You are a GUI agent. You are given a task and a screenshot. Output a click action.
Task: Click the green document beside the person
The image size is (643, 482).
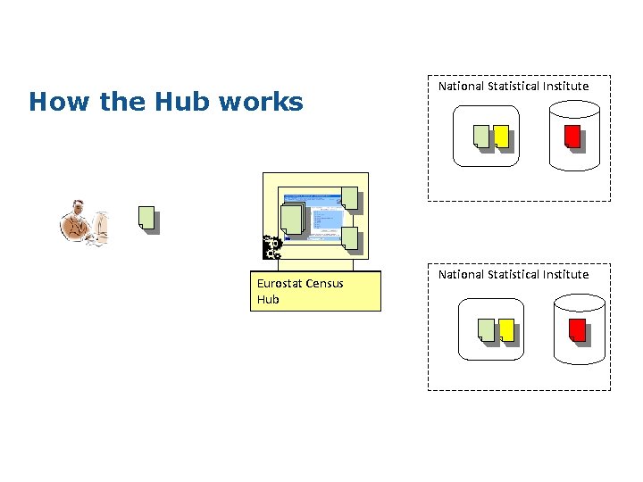(146, 217)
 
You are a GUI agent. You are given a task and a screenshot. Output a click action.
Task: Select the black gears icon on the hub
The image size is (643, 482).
(272, 247)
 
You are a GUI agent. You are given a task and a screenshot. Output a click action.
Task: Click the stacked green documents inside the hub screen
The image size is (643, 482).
(292, 219)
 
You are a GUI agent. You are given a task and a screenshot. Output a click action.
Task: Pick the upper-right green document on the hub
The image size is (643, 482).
(349, 198)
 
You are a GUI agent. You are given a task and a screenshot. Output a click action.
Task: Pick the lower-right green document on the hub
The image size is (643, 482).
(349, 237)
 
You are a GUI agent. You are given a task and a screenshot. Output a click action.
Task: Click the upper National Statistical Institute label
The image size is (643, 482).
(514, 87)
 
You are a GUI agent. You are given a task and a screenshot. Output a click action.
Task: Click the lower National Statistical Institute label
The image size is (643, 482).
(514, 274)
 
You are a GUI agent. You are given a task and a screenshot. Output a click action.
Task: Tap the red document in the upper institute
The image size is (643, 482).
(572, 136)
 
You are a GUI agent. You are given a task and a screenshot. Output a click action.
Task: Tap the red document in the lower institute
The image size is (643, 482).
(577, 329)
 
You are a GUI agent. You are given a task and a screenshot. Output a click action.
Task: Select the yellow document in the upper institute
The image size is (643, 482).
(501, 136)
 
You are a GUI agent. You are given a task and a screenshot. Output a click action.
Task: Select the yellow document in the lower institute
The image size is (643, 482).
(506, 329)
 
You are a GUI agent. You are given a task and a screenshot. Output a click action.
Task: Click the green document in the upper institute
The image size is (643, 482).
(481, 136)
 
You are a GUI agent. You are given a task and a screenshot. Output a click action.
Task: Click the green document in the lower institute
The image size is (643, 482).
(486, 329)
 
